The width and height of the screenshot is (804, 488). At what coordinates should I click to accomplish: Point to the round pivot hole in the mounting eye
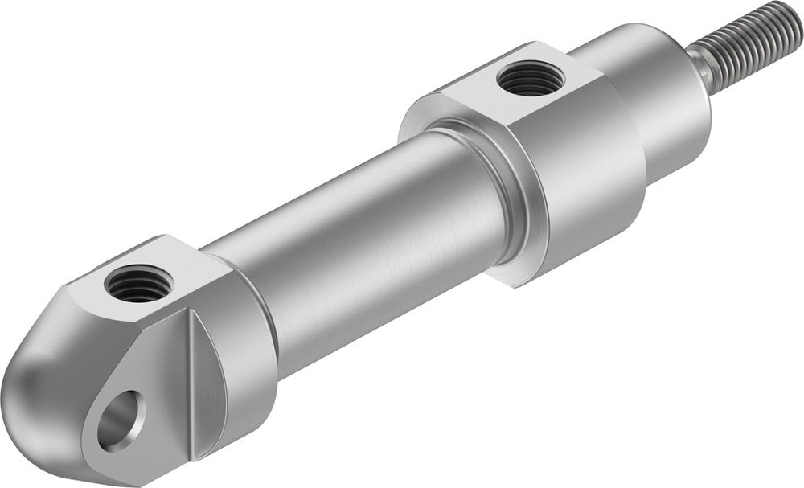tap(117, 420)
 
